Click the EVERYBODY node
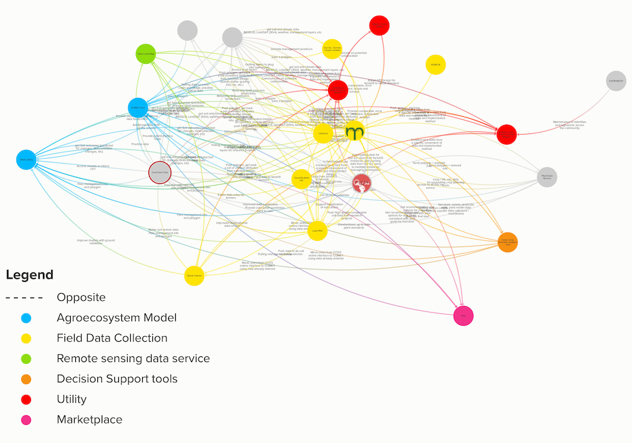[616, 82]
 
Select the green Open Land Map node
[146, 54]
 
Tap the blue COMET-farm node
[138, 108]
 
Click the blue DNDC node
[25, 160]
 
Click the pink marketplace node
[463, 315]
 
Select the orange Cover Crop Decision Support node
[507, 242]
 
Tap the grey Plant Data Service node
[547, 178]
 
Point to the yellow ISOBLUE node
[435, 64]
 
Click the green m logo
[355, 132]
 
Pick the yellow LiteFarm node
[323, 133]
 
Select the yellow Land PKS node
[318, 231]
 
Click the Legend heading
[30, 275]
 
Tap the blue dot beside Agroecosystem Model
[26, 318]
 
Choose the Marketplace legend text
[89, 419]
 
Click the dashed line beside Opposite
[24, 298]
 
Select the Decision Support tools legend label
[117, 379]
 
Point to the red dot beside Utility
[26, 399]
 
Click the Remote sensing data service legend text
[133, 358]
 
